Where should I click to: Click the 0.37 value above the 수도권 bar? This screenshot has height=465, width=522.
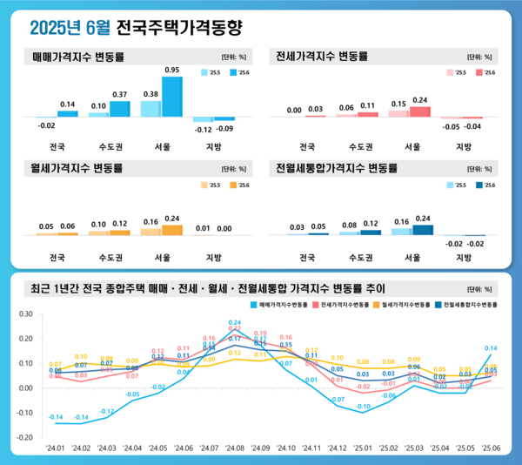pos(119,94)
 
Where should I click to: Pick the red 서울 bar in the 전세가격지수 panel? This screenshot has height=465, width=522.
pos(420,111)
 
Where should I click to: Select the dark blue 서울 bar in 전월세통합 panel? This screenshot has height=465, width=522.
pos(423,230)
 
